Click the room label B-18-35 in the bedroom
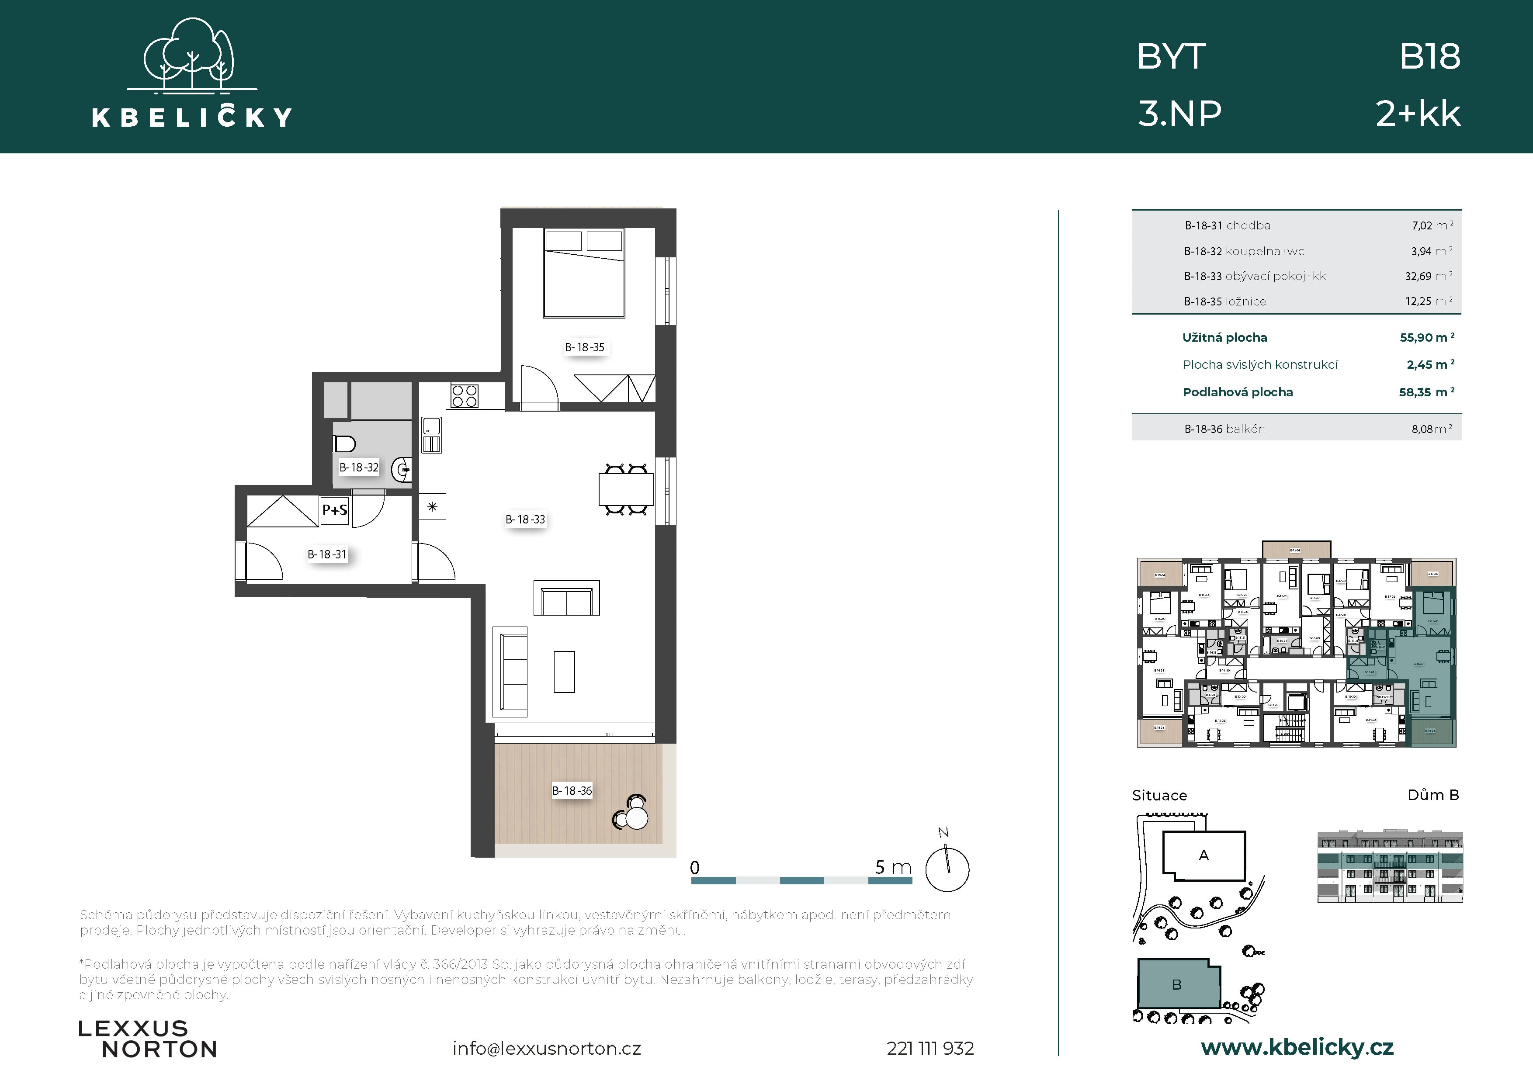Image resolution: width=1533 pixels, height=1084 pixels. (x=584, y=347)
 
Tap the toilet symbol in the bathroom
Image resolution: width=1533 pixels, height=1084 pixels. (x=344, y=443)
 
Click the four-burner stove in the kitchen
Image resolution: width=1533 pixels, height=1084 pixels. (x=464, y=396)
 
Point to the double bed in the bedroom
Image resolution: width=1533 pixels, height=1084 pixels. (x=584, y=273)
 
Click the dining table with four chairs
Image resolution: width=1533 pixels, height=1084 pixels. (x=626, y=490)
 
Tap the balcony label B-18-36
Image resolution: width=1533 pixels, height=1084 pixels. (x=572, y=791)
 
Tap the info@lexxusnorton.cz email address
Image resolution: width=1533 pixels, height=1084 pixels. (x=546, y=1049)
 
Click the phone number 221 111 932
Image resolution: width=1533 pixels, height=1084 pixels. (x=930, y=1049)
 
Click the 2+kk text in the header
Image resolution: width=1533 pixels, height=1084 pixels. (x=1418, y=114)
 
